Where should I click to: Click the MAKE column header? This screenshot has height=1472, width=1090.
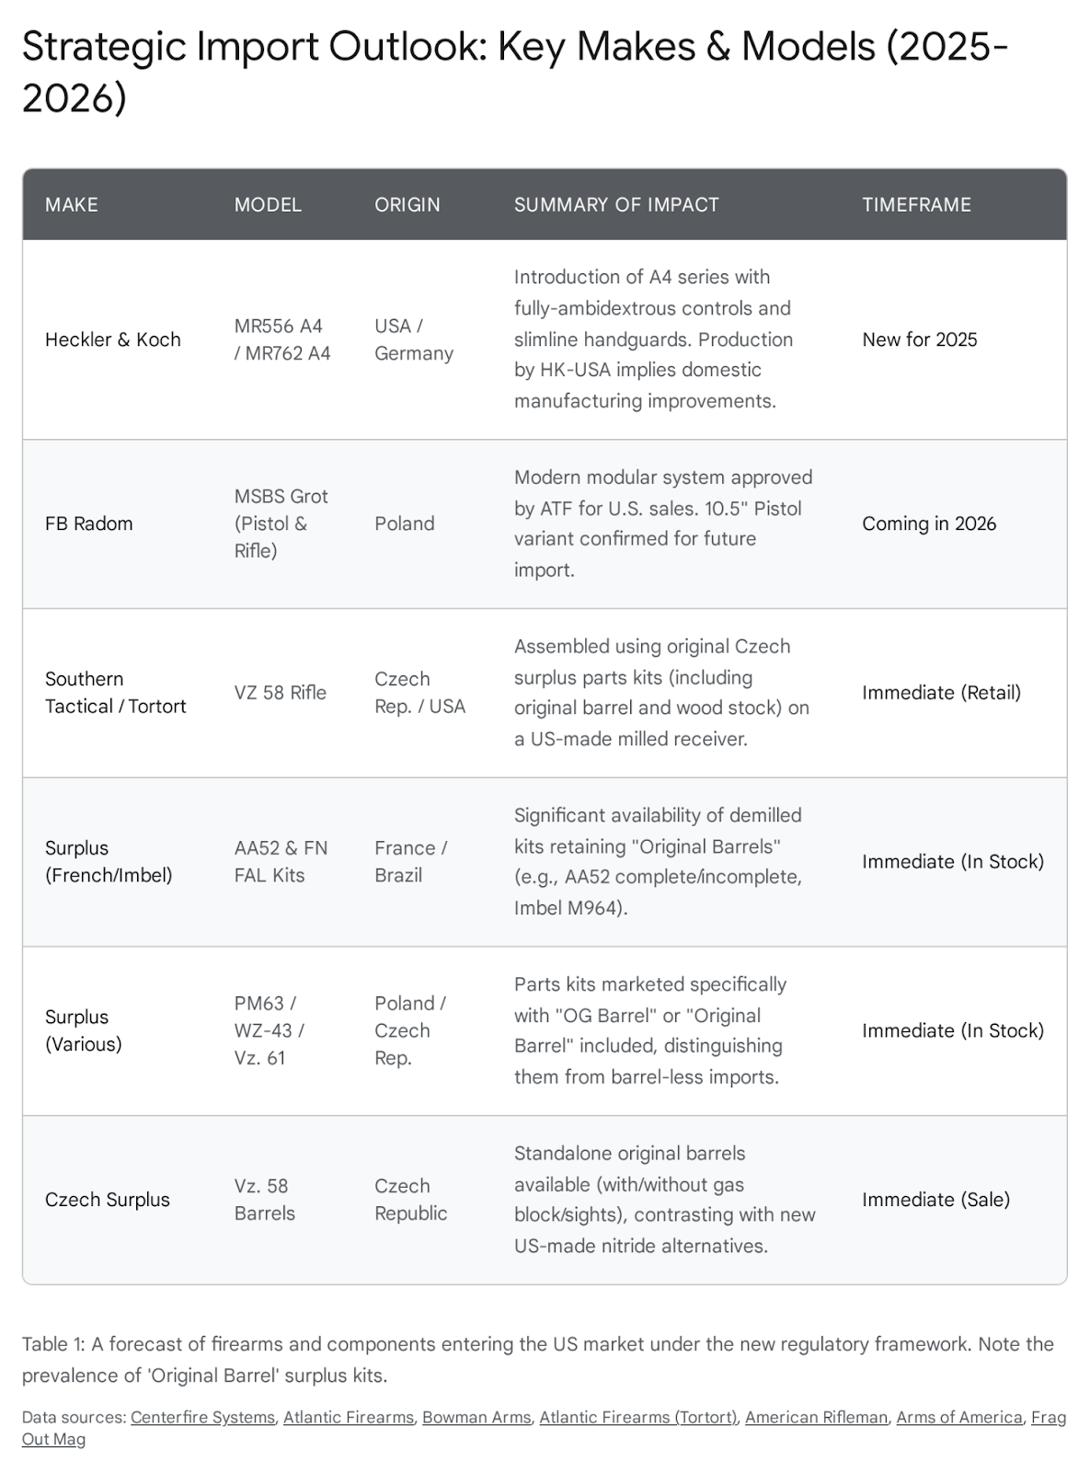click(x=72, y=205)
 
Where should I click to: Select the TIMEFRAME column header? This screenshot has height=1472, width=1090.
click(x=916, y=205)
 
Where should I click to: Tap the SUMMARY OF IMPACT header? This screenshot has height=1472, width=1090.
click(x=616, y=205)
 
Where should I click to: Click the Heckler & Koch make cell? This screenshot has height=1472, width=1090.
click(x=113, y=339)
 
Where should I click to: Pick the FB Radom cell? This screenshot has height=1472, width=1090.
click(x=89, y=523)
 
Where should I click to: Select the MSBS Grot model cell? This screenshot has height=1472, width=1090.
click(x=281, y=523)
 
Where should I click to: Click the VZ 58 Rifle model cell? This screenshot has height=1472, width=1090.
click(x=281, y=693)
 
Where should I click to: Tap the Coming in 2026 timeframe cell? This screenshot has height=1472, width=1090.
click(x=929, y=523)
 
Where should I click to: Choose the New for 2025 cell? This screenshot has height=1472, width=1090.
click(x=920, y=339)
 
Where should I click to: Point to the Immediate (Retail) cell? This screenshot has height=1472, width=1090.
click(x=941, y=693)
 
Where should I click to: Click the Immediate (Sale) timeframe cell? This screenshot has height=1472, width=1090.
click(x=935, y=1200)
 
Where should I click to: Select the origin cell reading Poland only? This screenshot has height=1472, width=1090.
click(x=405, y=523)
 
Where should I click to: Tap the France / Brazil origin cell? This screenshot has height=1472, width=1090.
click(x=410, y=861)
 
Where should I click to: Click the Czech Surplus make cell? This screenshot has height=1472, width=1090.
click(x=108, y=1200)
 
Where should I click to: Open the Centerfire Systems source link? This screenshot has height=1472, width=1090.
click(x=202, y=1418)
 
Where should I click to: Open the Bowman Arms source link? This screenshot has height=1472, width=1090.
click(x=476, y=1418)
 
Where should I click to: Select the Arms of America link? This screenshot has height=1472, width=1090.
click(x=959, y=1418)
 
